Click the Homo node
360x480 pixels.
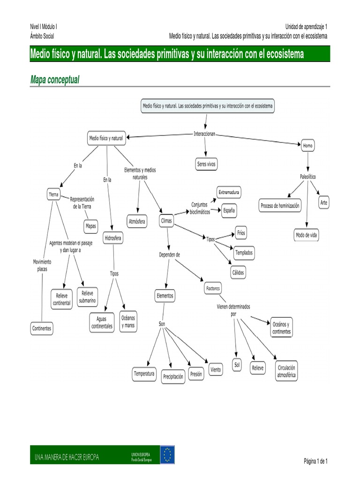[x=307, y=146]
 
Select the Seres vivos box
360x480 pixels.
[x=206, y=164]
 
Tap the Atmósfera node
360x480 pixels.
[x=137, y=220]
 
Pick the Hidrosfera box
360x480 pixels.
[x=113, y=239]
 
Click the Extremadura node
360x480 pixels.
[x=229, y=192]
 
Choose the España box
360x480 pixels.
[x=229, y=210]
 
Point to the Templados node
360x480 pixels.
[x=244, y=253]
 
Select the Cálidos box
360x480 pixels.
[x=238, y=272]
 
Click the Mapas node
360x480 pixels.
[x=91, y=226]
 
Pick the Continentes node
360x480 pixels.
[x=42, y=328]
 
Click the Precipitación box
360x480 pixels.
[x=173, y=376]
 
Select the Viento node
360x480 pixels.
[x=216, y=369]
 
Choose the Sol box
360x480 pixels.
[x=237, y=365]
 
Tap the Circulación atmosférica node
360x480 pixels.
[x=286, y=371]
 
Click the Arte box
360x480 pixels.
[x=324, y=202]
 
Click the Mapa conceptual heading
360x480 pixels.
[x=55, y=80]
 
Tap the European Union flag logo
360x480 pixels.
[x=167, y=455]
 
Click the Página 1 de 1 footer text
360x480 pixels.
[x=315, y=461]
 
